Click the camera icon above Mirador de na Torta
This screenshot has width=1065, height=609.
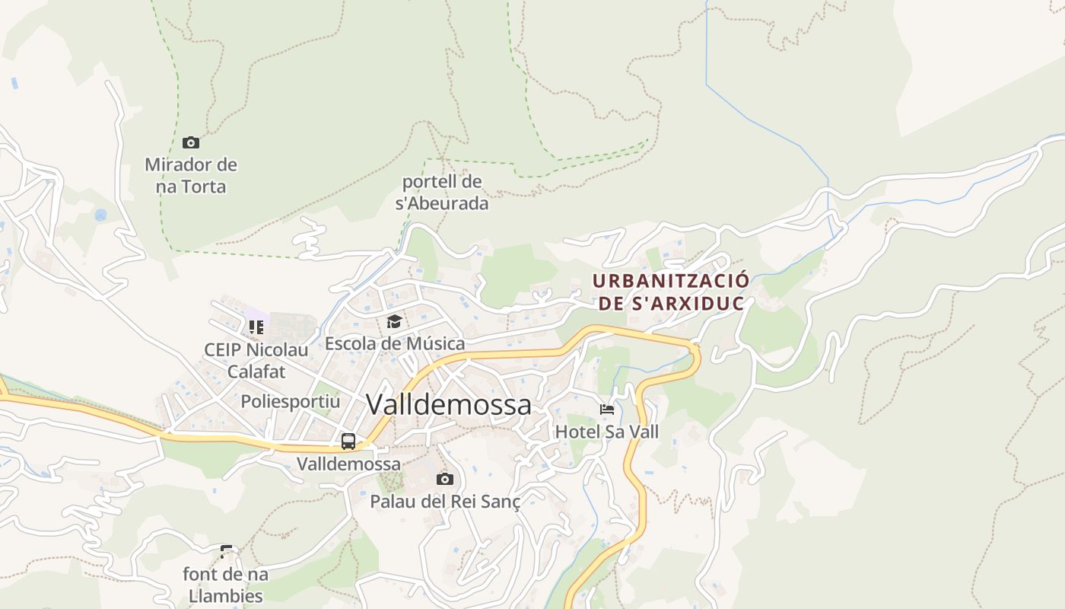[x=191, y=142]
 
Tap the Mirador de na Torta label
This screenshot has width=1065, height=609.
[x=191, y=175]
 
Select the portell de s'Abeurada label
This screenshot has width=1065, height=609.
[x=442, y=193]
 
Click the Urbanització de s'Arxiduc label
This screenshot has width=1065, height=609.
[x=670, y=292]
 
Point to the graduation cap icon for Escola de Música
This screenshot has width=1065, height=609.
[x=394, y=321]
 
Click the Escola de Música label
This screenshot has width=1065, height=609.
[x=395, y=343]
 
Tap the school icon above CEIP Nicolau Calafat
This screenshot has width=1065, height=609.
[x=256, y=327]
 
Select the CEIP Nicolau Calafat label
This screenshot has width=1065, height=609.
[x=256, y=361]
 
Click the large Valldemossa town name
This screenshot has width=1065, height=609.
[x=449, y=404]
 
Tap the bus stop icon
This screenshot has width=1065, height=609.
[x=348, y=441]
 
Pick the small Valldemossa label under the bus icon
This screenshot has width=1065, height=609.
[x=348, y=464]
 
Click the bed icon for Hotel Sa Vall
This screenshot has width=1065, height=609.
[x=606, y=410]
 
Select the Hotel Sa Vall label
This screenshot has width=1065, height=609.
[x=607, y=432]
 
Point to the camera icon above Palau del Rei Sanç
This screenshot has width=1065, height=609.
[x=445, y=479]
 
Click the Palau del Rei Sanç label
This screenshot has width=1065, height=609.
[x=445, y=502]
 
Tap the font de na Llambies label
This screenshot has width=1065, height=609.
[x=225, y=585]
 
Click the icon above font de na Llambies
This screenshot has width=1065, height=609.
[x=226, y=551]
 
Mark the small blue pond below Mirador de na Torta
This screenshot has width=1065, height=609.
[x=100, y=215]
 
